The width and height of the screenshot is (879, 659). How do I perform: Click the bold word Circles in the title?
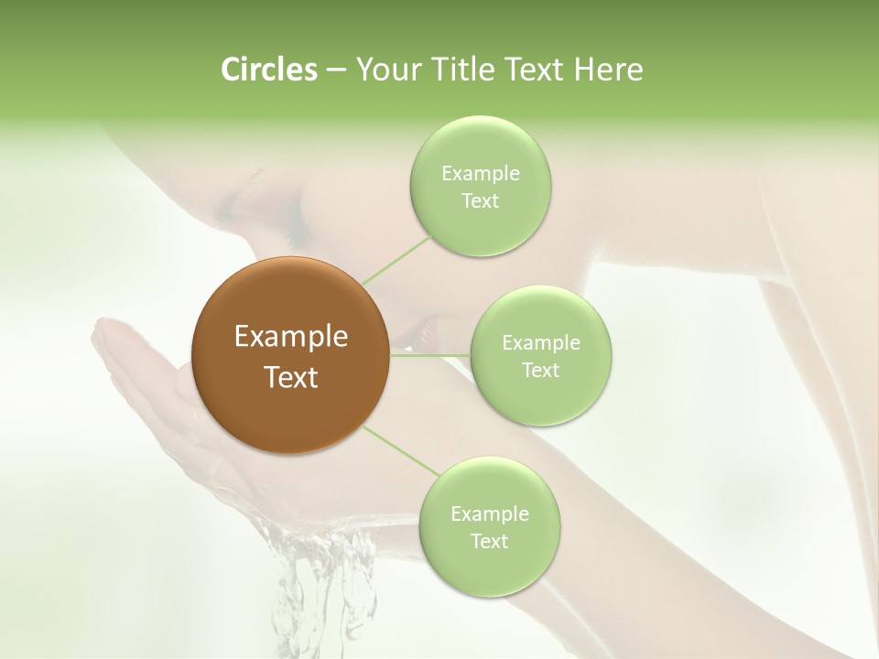coord(268,70)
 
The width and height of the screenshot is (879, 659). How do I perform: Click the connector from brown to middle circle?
coord(430,355)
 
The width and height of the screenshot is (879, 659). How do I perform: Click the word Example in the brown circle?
coord(291,337)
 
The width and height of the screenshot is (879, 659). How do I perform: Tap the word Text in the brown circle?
coord(291,377)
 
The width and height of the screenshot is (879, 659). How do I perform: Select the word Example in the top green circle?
coord(480,173)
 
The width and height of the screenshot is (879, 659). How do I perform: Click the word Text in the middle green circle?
coord(540,370)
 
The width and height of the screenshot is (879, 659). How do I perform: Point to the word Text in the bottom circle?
coord(489,541)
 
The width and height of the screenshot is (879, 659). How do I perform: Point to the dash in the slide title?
coord(335,70)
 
